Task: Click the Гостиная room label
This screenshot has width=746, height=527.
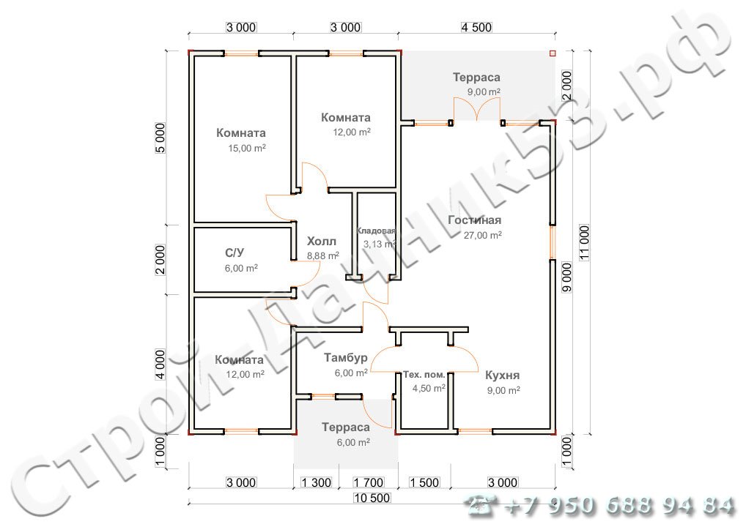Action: coord(474,220)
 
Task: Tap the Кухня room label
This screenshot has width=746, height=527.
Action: coord(503,375)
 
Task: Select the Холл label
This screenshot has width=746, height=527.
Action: coord(322,241)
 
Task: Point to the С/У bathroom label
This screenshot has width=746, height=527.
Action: coord(235,253)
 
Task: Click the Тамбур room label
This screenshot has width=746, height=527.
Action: coord(346,357)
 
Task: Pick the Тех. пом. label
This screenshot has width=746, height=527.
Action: coord(424,375)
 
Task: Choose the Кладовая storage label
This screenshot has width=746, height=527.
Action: coord(376,231)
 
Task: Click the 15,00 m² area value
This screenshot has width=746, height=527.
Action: coord(247,149)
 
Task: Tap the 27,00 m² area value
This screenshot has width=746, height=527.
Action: coord(483,235)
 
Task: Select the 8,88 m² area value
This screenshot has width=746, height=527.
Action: coord(323,255)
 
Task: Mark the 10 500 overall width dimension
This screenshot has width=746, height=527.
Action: coord(372,498)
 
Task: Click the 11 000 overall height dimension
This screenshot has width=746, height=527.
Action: coord(584,242)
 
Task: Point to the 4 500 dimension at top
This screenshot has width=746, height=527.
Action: coord(476,28)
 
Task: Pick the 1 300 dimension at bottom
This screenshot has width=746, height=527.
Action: coord(317,482)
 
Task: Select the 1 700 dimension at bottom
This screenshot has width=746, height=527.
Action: coord(369,482)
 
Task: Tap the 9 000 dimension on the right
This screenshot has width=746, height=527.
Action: coord(567,277)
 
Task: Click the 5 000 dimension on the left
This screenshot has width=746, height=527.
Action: coord(160,138)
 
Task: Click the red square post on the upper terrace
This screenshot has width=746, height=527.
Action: coord(553,53)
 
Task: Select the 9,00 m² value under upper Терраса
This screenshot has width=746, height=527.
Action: coord(484,91)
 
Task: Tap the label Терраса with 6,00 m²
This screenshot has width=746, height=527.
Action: coord(346,427)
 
